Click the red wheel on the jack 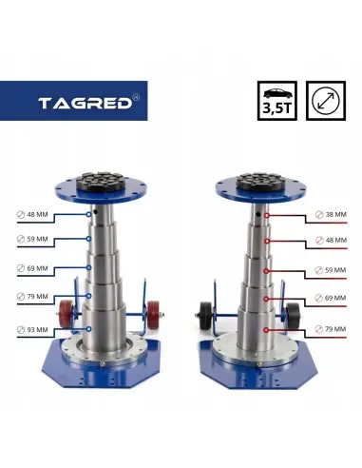(67, 315)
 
